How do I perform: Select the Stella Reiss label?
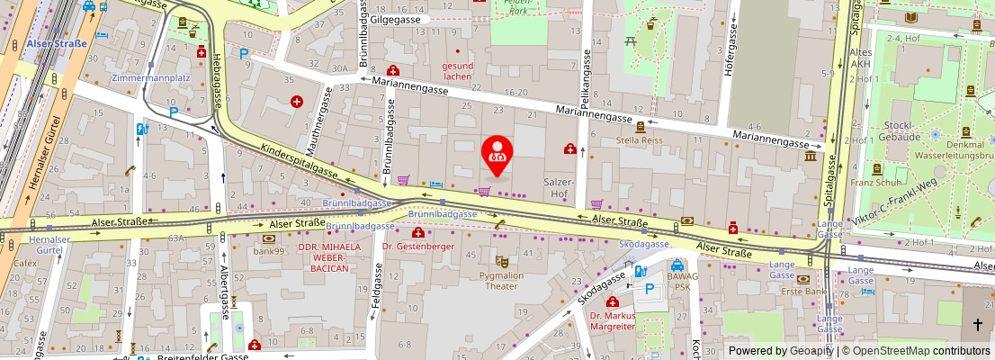[639, 140]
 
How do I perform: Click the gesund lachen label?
[457, 71]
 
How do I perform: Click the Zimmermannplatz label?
[150, 78]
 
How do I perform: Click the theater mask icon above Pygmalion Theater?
[502, 261]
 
